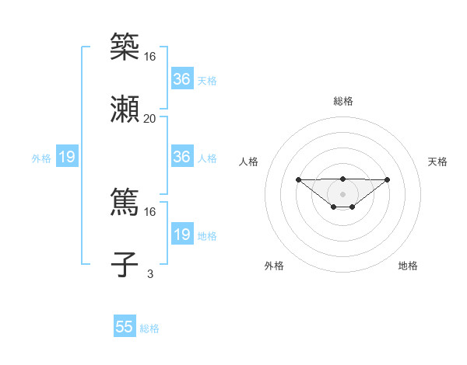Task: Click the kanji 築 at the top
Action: click(x=125, y=47)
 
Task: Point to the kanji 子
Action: click(x=125, y=263)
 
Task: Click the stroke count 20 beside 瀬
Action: click(x=149, y=118)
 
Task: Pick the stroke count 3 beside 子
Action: click(x=149, y=273)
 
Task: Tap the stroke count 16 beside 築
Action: click(x=149, y=57)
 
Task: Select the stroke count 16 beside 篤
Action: click(x=149, y=211)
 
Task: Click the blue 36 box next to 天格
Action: click(x=181, y=79)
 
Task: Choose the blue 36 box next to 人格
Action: click(x=181, y=157)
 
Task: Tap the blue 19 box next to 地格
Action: click(x=181, y=235)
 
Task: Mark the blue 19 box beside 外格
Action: click(x=66, y=158)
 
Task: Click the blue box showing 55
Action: click(x=125, y=327)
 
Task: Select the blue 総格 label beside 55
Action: click(x=149, y=328)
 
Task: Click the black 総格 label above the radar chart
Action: click(x=342, y=101)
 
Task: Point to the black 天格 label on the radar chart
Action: click(x=437, y=162)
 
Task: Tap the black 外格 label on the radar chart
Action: click(x=274, y=266)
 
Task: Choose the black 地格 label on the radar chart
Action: click(x=408, y=266)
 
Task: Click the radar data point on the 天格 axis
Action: click(x=388, y=180)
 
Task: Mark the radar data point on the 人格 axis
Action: click(x=298, y=180)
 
